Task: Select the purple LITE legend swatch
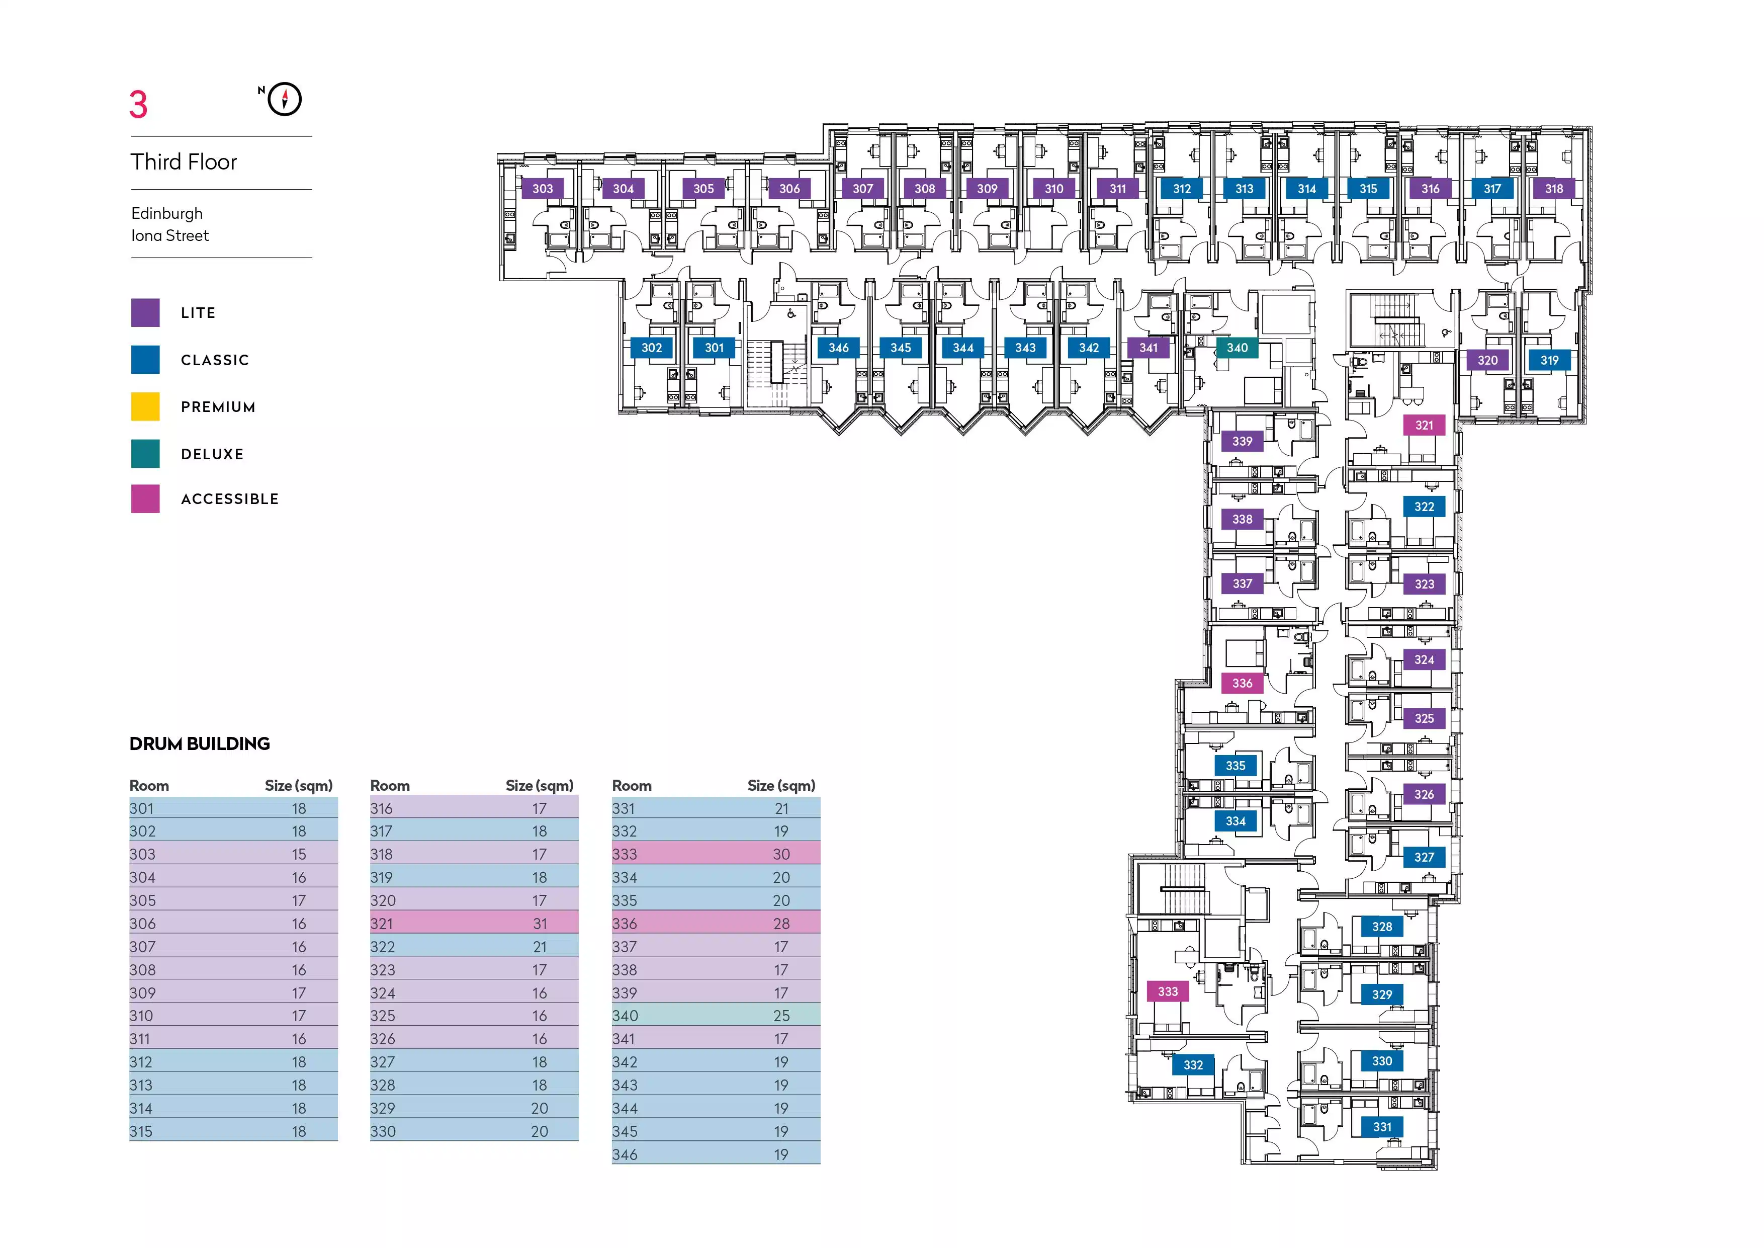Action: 145,313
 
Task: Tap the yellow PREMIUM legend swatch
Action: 145,406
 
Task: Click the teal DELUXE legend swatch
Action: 145,453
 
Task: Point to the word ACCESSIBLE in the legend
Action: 230,498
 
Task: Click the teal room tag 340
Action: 1237,348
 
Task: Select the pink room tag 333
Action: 1167,991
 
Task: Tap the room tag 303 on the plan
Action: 543,188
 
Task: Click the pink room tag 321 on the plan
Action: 1424,425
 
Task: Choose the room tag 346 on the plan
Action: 838,348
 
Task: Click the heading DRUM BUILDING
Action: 200,744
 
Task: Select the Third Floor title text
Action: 184,162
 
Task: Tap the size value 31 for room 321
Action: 540,924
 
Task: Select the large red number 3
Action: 138,105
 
